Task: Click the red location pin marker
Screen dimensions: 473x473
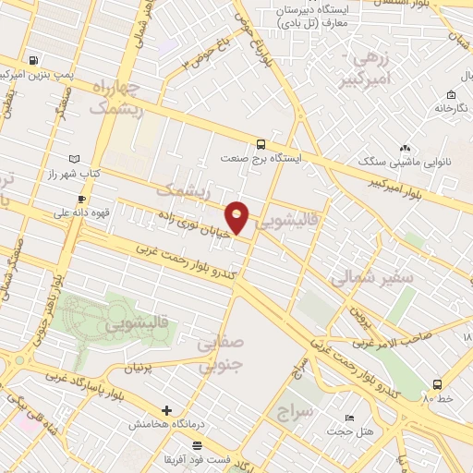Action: [x=238, y=217]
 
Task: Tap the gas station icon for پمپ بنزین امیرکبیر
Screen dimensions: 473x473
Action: [x=35, y=61]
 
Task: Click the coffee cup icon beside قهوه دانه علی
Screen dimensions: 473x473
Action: [x=82, y=199]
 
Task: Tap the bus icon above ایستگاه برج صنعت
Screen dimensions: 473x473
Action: [x=261, y=144]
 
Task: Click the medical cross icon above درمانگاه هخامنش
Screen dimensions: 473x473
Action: [x=165, y=410]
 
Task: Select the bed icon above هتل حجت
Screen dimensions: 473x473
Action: [x=348, y=418]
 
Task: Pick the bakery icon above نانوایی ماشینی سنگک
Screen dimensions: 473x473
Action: [x=405, y=148]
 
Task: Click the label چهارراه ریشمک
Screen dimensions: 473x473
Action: [x=117, y=97]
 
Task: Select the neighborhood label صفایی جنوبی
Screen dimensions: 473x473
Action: [x=219, y=354]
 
